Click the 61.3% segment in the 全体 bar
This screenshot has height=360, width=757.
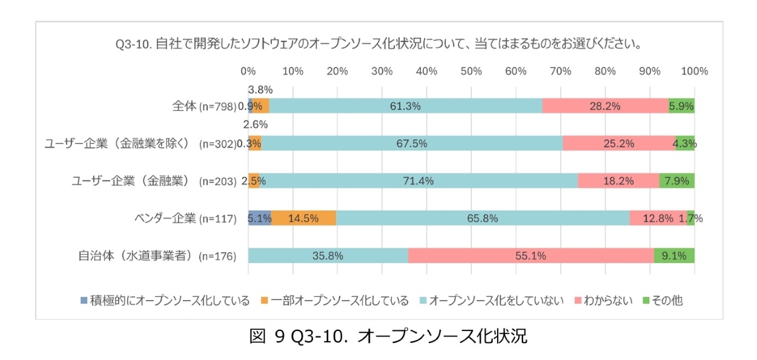tap(405, 106)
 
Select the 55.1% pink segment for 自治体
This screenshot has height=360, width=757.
tap(531, 256)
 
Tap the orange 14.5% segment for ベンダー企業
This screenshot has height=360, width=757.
tap(303, 219)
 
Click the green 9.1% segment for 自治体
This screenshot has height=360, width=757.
tap(674, 256)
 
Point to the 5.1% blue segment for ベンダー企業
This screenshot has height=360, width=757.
tap(259, 219)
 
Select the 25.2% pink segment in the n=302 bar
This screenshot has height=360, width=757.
tap(619, 144)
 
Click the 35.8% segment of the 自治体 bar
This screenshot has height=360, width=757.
tap(327, 256)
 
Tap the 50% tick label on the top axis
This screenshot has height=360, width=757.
tap(471, 71)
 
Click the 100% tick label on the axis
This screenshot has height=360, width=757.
tap(694, 71)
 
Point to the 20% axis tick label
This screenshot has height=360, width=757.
tap(337, 71)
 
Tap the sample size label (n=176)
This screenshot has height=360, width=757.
tap(218, 257)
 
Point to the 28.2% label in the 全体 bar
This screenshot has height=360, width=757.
tap(605, 106)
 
